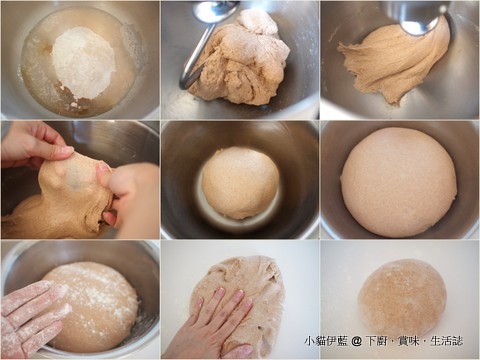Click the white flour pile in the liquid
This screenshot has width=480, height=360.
click(x=83, y=62)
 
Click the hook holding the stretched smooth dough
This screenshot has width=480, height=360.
click(x=422, y=18)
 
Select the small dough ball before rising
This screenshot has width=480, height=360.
click(x=240, y=183)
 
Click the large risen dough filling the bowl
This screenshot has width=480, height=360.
click(x=399, y=182)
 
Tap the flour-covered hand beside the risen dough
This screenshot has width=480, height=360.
click(x=32, y=317)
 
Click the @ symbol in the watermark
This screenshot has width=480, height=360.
click(x=356, y=341)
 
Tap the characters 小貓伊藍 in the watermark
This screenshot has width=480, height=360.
click(x=326, y=341)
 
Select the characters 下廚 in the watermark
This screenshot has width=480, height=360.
click(x=376, y=341)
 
